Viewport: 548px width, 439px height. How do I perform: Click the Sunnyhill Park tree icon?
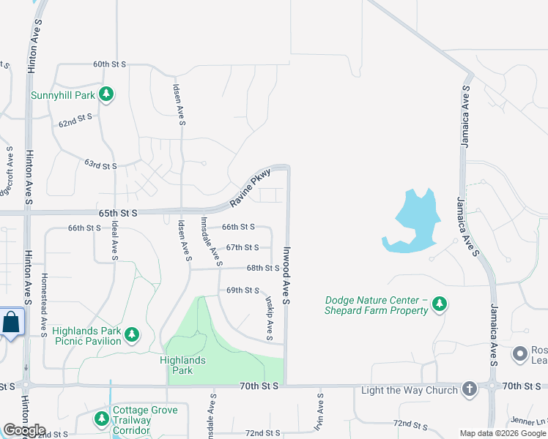(107, 94)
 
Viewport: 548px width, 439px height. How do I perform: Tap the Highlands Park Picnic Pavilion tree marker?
(132, 335)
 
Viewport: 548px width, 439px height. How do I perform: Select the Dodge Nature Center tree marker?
(439, 304)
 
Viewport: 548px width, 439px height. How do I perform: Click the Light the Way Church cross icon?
(470, 389)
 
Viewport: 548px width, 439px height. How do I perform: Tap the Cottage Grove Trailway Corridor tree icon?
(102, 420)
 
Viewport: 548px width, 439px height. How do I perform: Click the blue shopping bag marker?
(12, 323)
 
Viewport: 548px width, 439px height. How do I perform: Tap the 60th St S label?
(109, 64)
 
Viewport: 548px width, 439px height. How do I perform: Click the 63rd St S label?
(100, 165)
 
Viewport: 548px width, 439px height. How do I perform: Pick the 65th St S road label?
(118, 213)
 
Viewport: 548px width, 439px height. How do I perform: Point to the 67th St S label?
(242, 248)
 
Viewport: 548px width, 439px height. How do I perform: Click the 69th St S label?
(244, 290)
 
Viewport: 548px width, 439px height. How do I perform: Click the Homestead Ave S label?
(45, 300)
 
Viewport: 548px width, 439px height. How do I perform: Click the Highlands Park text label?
(182, 365)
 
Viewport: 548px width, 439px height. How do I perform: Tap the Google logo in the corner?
(24, 430)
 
